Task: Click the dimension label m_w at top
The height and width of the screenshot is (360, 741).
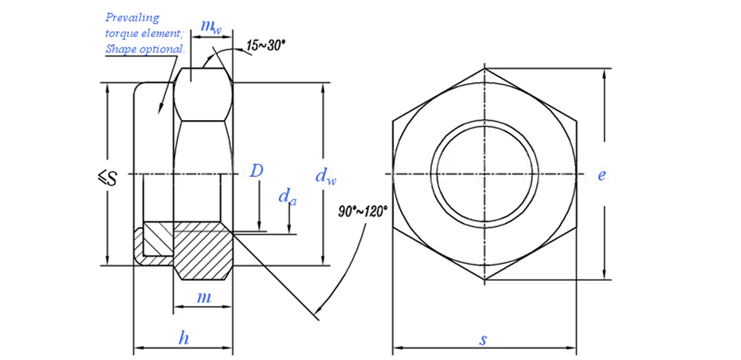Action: [x=211, y=27]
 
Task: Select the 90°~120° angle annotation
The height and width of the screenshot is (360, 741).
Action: [x=363, y=212]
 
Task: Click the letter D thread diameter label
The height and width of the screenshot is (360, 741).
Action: [x=256, y=171]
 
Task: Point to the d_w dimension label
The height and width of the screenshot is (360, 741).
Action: [x=326, y=176]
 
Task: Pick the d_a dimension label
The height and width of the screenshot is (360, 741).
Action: [x=288, y=197]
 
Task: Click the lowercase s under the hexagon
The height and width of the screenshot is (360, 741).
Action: [x=483, y=340]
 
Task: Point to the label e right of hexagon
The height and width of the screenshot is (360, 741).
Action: [x=602, y=176]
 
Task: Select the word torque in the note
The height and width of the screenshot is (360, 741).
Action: [x=122, y=33]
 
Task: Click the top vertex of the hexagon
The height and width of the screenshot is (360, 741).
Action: [x=484, y=68]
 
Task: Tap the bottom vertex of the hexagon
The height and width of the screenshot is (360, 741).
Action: [x=484, y=281]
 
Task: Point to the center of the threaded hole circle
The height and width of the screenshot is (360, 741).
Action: [x=484, y=175]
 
